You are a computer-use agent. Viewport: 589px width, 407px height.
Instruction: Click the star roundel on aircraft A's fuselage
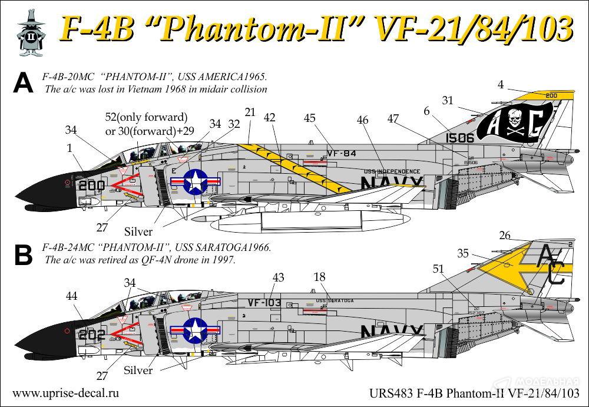194,181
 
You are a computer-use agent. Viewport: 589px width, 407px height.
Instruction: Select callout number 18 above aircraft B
319,277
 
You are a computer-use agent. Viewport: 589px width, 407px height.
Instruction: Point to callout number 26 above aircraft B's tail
504,236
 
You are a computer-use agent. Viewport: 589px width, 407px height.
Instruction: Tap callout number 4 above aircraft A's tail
500,84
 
